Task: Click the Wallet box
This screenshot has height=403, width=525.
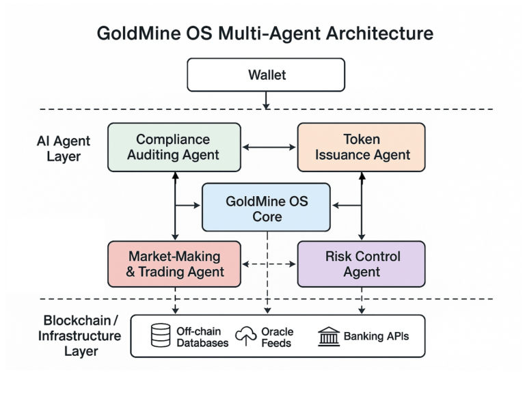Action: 267,74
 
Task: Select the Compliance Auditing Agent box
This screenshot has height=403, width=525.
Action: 174,147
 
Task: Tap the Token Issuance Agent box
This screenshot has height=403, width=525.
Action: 361,147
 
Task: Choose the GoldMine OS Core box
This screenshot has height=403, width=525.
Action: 267,208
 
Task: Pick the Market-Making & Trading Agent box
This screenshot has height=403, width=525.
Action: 174,264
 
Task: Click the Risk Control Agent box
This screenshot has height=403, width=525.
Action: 361,264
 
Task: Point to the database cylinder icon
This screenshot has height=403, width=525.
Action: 161,335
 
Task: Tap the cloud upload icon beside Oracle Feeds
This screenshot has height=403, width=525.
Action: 245,335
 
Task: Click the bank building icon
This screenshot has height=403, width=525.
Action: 329,336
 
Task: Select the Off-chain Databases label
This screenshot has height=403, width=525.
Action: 202,337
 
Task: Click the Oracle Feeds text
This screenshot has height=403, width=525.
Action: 277,337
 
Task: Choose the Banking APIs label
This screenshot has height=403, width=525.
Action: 376,336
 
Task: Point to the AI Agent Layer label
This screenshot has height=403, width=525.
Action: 63,148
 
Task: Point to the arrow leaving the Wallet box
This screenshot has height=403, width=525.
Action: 267,100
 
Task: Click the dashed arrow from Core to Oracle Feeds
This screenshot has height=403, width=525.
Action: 267,273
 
